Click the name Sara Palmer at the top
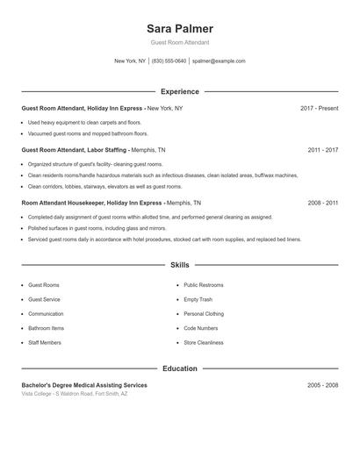pyautogui.click(x=180, y=28)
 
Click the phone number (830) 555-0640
pyautogui.click(x=169, y=61)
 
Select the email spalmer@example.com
pyautogui.click(x=219, y=61)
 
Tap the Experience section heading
pyautogui.click(x=180, y=91)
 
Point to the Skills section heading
pyautogui.click(x=180, y=264)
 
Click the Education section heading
pyautogui.click(x=180, y=368)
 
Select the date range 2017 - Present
pyautogui.click(x=319, y=108)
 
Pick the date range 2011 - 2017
pyautogui.click(x=323, y=150)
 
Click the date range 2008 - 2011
pyautogui.click(x=323, y=202)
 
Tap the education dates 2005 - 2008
pyautogui.click(x=323, y=385)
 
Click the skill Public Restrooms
pyautogui.click(x=204, y=285)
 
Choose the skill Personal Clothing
pyautogui.click(x=204, y=313)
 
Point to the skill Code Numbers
pyautogui.click(x=200, y=328)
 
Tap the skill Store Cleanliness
pyautogui.click(x=205, y=342)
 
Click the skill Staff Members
pyautogui.click(x=45, y=342)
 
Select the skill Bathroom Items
pyautogui.click(x=47, y=328)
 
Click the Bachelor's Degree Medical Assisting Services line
pyautogui.click(x=84, y=385)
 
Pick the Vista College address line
pyautogui.click(x=75, y=394)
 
